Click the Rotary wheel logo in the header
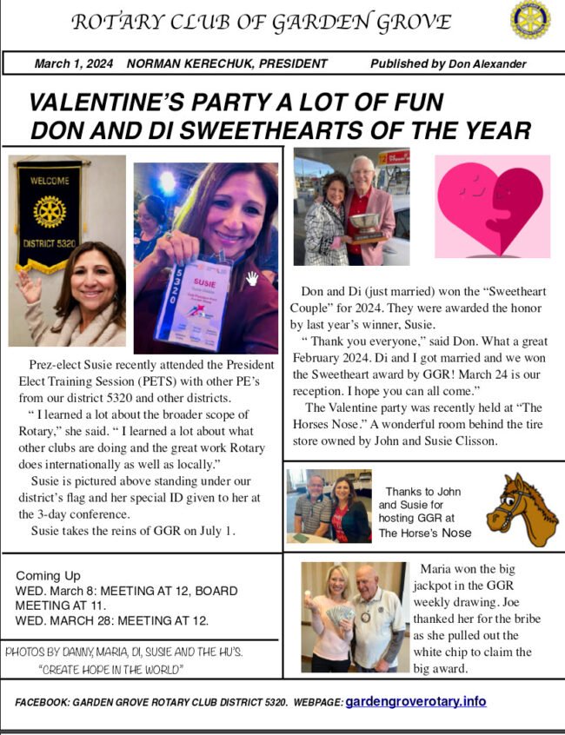(x=529, y=21)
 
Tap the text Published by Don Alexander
(x=448, y=63)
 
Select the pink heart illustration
(x=492, y=207)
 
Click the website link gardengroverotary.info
(x=415, y=701)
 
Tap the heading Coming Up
(x=48, y=575)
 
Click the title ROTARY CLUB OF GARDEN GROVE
(x=261, y=22)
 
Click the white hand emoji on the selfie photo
(x=252, y=278)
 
